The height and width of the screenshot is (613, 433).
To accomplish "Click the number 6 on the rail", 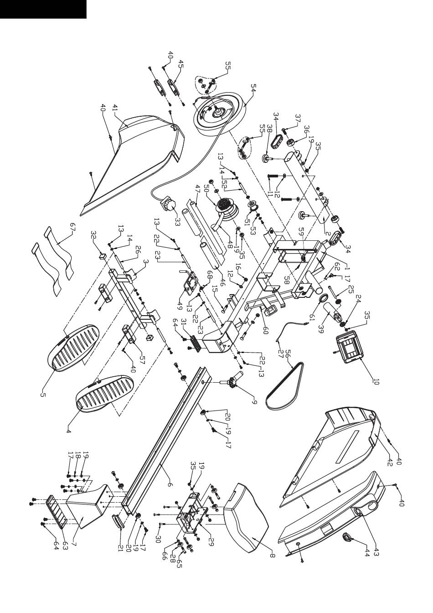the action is click(170, 484).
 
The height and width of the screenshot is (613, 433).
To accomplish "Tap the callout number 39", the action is click(321, 330).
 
